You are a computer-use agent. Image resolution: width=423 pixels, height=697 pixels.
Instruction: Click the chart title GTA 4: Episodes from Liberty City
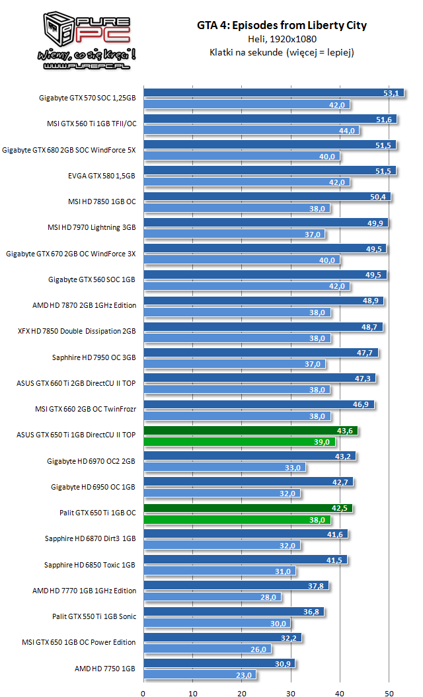282,26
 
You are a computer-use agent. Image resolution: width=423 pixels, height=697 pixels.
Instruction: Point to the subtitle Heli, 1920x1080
282,40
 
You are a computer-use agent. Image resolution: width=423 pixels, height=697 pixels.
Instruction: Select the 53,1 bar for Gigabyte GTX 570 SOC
264,93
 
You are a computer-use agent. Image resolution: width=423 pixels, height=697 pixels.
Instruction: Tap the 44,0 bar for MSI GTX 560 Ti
251,130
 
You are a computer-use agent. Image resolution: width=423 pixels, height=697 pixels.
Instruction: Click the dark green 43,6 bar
251,430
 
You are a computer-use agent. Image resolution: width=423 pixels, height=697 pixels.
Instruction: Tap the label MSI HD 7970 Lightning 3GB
91,227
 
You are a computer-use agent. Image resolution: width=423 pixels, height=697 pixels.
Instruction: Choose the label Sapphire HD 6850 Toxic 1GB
89,564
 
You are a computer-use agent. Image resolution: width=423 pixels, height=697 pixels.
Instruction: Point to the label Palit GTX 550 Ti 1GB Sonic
94,616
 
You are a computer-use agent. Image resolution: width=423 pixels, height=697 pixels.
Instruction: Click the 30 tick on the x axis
291,693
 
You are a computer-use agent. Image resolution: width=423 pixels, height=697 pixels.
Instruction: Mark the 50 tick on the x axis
389,693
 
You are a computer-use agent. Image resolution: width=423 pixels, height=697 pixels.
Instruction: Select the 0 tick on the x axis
143,693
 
